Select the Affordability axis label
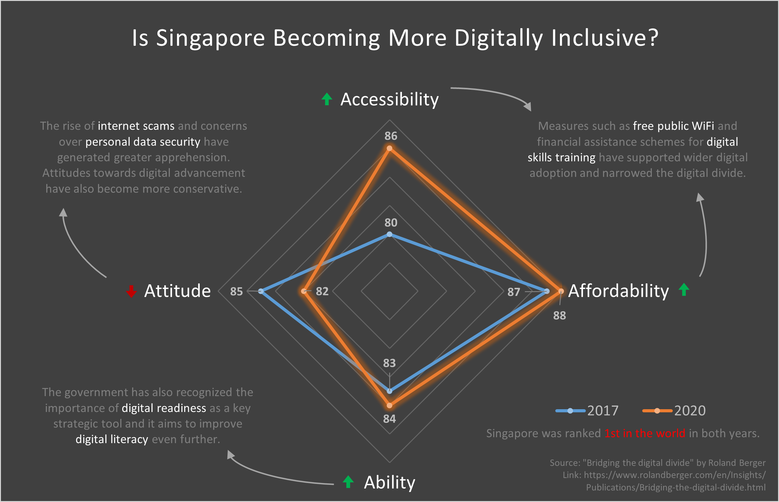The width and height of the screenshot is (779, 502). [x=618, y=291]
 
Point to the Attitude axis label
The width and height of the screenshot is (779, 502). [x=177, y=291]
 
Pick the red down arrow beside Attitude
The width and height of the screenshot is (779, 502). [x=131, y=291]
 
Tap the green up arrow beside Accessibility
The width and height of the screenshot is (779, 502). [x=327, y=99]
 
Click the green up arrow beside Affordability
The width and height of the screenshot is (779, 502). [x=684, y=290]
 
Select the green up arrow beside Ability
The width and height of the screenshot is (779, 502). [x=348, y=481]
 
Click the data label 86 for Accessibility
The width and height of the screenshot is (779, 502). [x=391, y=136]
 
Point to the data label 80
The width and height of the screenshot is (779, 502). [x=391, y=223]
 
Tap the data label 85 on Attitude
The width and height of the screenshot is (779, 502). [x=237, y=291]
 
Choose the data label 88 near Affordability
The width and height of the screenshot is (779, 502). [x=560, y=315]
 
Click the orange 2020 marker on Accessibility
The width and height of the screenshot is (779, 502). [x=389, y=149]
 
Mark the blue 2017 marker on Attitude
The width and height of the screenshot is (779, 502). [x=261, y=291]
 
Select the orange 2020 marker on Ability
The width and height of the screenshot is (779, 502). [x=389, y=405]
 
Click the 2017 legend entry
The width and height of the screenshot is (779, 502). [x=587, y=410]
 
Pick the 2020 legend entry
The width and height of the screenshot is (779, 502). [x=674, y=410]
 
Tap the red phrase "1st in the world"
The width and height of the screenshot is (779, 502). [x=645, y=433]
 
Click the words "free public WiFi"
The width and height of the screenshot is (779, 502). [x=673, y=126]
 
